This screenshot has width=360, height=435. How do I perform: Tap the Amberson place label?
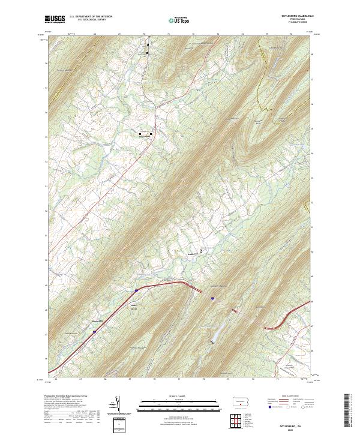click(193, 254)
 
